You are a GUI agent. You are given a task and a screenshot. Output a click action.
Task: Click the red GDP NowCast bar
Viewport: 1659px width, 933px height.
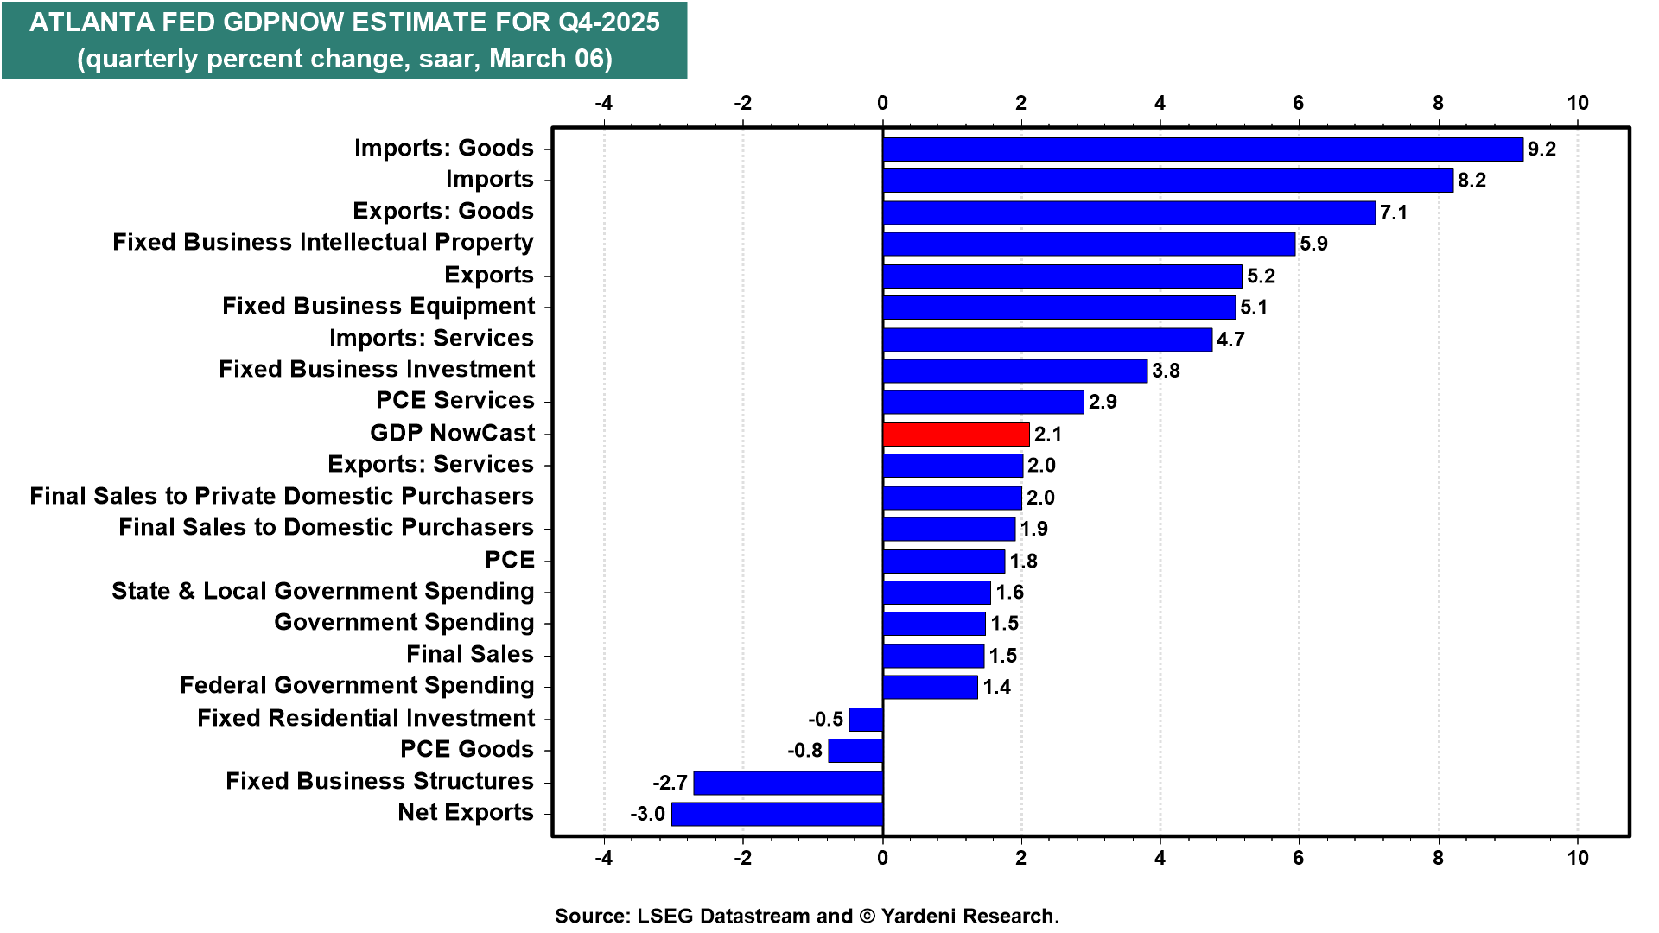pyautogui.click(x=956, y=434)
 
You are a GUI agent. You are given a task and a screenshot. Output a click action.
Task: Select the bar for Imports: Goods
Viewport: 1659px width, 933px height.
pyautogui.click(x=1202, y=149)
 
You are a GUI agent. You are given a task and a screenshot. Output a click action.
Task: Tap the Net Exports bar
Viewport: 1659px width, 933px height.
pyautogui.click(x=777, y=814)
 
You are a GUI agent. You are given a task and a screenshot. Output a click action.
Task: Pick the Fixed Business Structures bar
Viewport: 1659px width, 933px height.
pyautogui.click(x=788, y=783)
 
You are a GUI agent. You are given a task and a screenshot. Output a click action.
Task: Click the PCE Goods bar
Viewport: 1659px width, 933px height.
pyautogui.click(x=855, y=750)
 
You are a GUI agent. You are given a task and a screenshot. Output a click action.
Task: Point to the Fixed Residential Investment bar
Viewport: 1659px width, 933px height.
pyautogui.click(x=866, y=719)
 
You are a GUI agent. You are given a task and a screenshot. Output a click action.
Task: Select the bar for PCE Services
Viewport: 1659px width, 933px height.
pyautogui.click(x=982, y=402)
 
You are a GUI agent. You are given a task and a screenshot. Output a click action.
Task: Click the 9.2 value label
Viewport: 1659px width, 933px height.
pyautogui.click(x=1541, y=149)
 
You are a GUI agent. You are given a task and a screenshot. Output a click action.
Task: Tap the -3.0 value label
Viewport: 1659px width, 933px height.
pyautogui.click(x=647, y=814)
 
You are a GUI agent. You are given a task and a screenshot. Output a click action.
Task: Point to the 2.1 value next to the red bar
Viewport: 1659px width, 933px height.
pyautogui.click(x=1048, y=434)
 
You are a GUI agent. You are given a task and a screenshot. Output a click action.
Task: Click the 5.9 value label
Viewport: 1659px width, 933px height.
pyautogui.click(x=1313, y=244)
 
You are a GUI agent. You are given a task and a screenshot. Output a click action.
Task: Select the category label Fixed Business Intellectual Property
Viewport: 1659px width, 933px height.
pyautogui.click(x=323, y=243)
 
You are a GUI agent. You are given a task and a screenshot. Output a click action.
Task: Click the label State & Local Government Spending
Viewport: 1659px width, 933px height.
pyautogui.click(x=323, y=592)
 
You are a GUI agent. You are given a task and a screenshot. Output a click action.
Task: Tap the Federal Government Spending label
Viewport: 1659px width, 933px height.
pyautogui.click(x=357, y=686)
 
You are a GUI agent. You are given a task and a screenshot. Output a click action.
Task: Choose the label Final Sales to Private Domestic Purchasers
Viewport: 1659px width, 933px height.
pyautogui.click(x=282, y=497)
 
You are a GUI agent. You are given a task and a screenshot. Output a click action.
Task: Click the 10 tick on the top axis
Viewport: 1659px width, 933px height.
pyautogui.click(x=1578, y=103)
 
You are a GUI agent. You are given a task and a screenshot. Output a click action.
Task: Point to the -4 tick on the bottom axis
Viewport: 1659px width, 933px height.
pyautogui.click(x=603, y=858)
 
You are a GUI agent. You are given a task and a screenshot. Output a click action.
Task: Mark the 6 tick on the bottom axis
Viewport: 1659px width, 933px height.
pyautogui.click(x=1298, y=858)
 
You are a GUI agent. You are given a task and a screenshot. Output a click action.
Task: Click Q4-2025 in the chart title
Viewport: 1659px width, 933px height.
pyautogui.click(x=608, y=22)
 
